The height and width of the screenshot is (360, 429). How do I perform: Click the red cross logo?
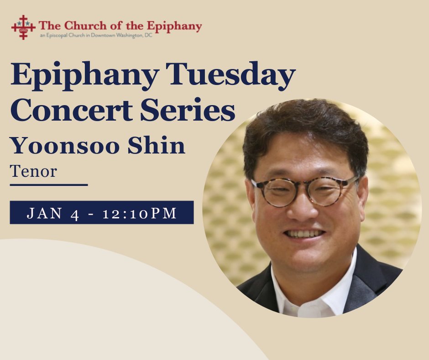point(23,27)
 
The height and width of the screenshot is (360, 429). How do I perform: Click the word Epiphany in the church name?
point(177,26)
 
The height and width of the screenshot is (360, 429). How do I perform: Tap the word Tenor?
point(33,172)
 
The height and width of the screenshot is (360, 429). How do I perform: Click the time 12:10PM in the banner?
point(139,213)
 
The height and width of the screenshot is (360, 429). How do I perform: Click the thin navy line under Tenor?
point(48,185)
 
